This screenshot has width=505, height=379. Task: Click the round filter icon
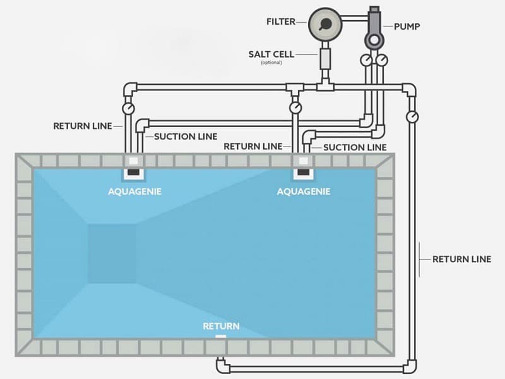[324, 25]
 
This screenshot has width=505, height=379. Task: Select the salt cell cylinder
[326, 61]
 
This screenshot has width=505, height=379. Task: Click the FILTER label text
[281, 21]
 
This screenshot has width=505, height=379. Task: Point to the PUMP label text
[407, 27]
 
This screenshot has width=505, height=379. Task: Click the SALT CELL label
[271, 54]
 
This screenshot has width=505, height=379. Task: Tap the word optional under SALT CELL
[271, 63]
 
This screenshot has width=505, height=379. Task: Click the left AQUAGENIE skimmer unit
[133, 167]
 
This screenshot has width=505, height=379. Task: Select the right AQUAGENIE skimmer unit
[303, 167]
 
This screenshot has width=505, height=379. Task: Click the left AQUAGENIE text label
[134, 191]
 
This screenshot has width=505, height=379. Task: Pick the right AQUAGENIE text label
[304, 191]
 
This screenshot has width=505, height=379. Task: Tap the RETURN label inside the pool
[221, 326]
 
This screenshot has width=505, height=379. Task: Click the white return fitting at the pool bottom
[220, 337]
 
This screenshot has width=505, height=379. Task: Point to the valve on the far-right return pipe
[412, 116]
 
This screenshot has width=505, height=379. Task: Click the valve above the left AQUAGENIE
[129, 109]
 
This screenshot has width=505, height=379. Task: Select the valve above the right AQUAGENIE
[295, 109]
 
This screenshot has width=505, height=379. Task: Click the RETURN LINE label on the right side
[461, 259]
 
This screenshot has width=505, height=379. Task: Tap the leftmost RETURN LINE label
[82, 126]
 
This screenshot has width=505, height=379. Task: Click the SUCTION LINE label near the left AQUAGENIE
[186, 136]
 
